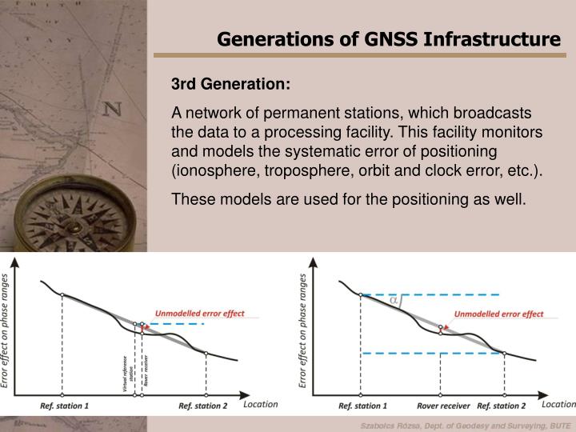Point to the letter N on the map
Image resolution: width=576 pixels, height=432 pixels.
coord(113,109)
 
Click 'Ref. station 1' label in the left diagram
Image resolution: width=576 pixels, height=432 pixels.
coord(65,406)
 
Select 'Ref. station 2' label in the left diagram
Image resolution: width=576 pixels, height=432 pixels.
coord(202,406)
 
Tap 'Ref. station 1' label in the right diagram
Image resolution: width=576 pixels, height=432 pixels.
coord(362,406)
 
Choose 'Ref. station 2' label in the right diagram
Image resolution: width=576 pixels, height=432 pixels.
coord(501,406)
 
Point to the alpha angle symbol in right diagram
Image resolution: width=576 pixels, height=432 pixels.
coord(393,301)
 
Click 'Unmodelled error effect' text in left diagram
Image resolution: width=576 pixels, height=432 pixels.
coord(199,313)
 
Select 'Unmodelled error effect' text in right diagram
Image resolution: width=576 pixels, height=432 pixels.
coord(498,314)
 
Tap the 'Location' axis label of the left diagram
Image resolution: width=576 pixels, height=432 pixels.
coord(260,404)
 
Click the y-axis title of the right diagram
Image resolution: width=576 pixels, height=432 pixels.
coord(303,330)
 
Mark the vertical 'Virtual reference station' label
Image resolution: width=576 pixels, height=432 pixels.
coord(126,370)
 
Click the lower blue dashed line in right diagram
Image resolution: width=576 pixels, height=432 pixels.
coord(432,353)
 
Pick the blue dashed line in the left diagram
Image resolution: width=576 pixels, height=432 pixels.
coord(180,324)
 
